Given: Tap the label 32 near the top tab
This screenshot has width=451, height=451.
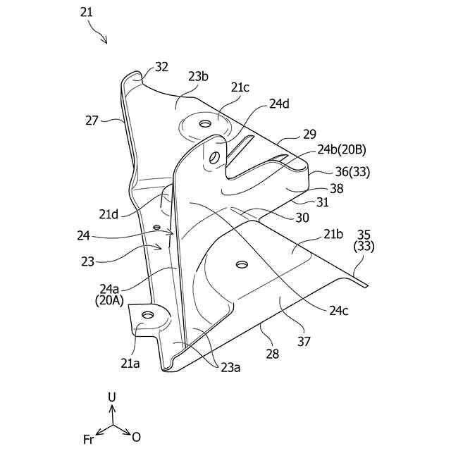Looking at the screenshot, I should click(161, 67).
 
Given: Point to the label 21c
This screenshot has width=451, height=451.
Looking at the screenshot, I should click(240, 87).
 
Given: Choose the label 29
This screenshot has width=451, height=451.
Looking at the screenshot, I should click(309, 134).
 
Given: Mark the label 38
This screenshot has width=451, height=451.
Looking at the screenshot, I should click(337, 188).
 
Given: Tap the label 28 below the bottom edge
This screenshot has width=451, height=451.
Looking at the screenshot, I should click(272, 354).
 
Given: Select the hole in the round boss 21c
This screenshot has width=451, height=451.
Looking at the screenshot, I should click(205, 124).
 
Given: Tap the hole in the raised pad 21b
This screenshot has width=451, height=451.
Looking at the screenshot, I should click(242, 264).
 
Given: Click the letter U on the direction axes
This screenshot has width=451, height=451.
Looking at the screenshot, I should click(111, 397).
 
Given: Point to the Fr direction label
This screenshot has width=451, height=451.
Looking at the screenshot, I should click(89, 439).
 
